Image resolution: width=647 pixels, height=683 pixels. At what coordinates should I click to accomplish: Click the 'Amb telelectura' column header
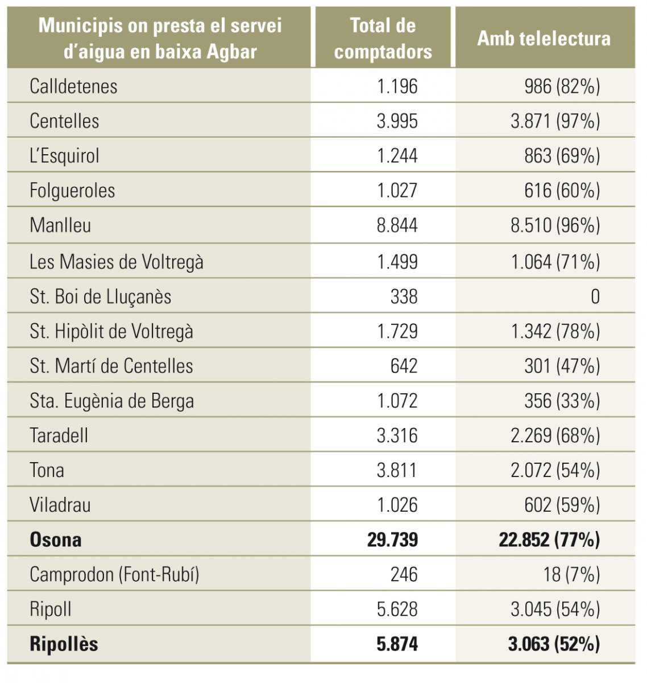point(544,39)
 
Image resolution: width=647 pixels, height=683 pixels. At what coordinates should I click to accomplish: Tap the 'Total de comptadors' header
point(383,39)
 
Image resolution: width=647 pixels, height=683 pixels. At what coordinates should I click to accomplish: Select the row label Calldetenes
point(73,87)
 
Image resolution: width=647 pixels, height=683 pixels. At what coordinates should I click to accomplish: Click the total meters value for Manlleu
point(397,225)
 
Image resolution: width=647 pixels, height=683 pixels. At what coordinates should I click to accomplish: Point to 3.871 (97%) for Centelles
point(555,121)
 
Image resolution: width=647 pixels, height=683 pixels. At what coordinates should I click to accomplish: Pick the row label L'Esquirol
point(64,156)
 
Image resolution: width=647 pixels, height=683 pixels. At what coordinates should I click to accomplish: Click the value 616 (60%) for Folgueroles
point(562,191)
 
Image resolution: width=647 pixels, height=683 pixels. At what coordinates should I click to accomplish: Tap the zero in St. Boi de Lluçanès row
point(595,297)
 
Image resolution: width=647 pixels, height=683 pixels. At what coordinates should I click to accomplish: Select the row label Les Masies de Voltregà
point(117,262)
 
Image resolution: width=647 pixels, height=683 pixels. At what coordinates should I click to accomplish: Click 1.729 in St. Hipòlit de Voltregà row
point(397,331)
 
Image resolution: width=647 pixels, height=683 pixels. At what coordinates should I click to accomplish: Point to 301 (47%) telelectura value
point(562,366)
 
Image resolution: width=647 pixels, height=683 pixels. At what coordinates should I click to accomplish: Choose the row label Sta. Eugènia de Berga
point(112,401)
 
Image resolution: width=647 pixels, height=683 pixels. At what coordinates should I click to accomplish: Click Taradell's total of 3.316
point(397,436)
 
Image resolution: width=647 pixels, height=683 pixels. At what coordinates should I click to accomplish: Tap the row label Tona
point(47,471)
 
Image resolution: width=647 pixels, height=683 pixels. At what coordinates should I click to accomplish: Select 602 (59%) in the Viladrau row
point(562,505)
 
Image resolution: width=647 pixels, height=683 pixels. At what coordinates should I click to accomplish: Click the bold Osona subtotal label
point(56,540)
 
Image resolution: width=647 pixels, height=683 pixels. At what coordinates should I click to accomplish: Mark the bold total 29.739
point(392,540)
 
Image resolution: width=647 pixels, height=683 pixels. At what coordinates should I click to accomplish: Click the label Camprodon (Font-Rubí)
point(114,575)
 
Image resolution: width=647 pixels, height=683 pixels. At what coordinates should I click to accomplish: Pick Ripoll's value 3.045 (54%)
point(555,610)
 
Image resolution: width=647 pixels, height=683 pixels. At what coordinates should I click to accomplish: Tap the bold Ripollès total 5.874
point(397,644)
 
